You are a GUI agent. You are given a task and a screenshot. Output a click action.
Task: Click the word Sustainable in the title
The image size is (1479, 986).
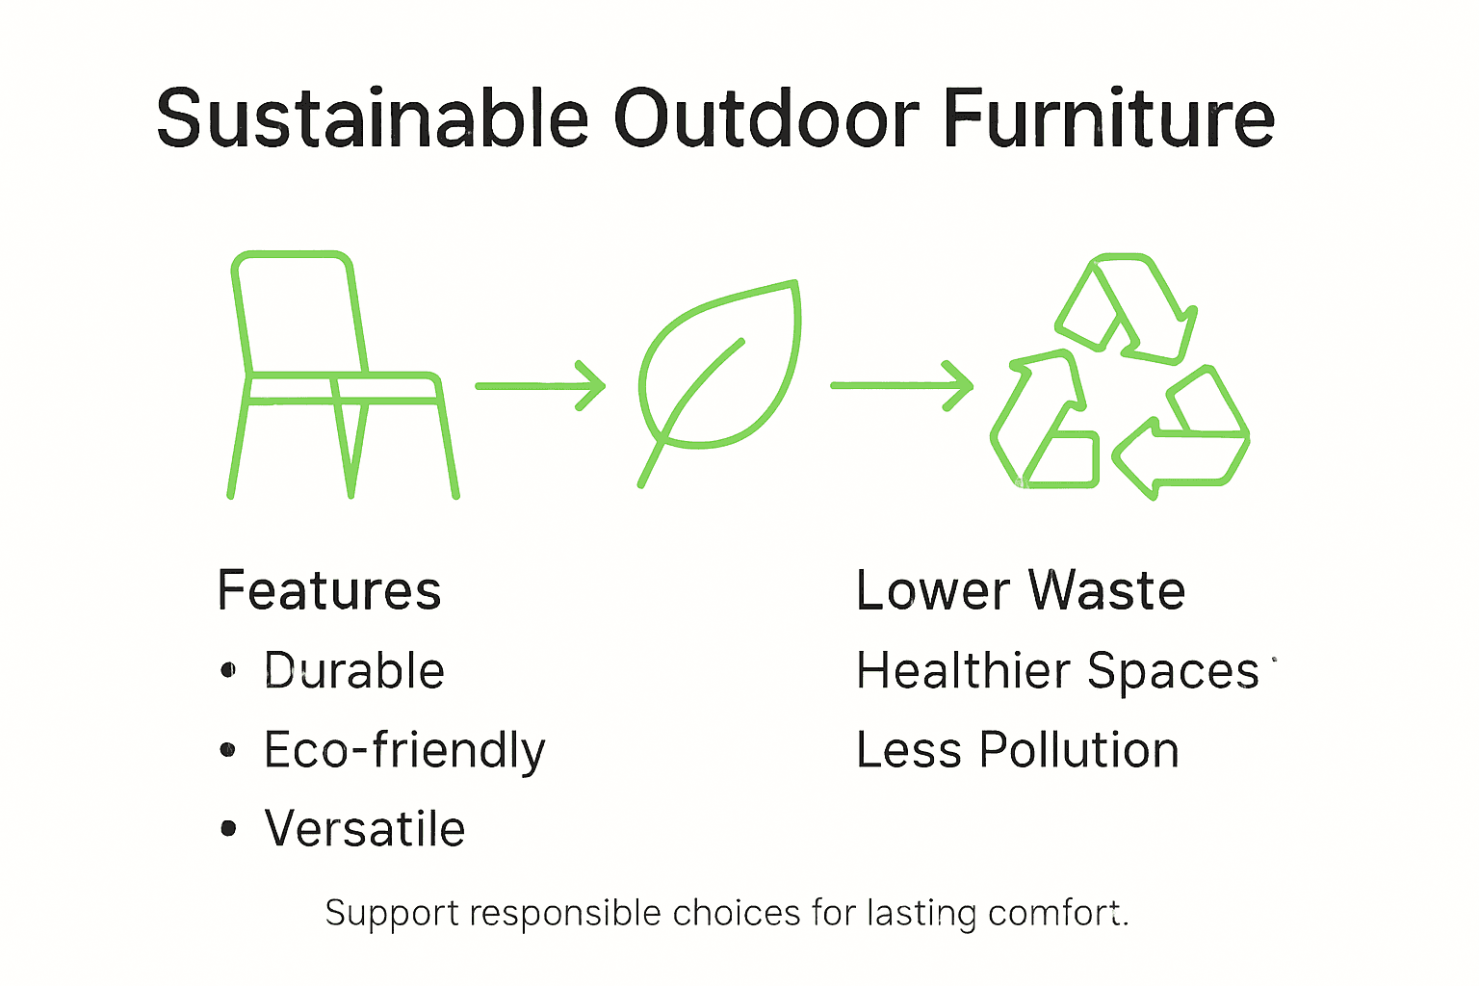372,118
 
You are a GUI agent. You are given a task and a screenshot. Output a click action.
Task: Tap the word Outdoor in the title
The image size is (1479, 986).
766,118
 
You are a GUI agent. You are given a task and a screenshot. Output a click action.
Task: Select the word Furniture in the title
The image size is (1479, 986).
1108,118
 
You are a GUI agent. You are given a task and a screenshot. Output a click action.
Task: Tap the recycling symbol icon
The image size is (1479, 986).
1120,377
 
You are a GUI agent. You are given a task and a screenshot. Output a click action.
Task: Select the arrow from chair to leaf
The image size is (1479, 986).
540,385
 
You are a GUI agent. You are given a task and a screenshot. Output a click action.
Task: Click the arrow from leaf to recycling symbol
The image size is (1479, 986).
901,385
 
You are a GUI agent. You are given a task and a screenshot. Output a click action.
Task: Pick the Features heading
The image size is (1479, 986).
329,590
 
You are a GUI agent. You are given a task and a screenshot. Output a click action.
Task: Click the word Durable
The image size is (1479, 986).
354,671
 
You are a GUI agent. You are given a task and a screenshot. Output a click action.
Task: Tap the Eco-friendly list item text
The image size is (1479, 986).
404,750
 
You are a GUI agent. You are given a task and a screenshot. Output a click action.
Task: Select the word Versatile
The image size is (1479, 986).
365,829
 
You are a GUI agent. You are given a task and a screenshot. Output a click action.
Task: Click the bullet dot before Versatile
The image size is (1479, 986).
228,828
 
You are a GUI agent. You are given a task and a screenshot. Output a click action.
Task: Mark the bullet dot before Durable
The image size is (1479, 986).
228,670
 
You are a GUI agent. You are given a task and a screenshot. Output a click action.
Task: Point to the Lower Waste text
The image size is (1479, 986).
1020,590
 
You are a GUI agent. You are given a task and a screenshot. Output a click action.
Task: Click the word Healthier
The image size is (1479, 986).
963,671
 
